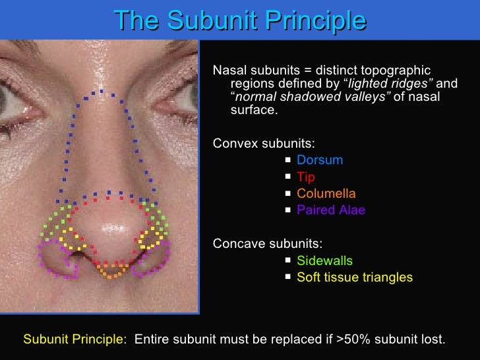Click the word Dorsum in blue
coord(320,160)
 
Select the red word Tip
coord(306,177)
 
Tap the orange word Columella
coord(326,194)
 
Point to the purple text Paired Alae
coord(331,210)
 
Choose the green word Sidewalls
coord(324,261)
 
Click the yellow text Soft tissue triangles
coord(355,278)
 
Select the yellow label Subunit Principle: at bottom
coord(75,340)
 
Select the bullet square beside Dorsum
coord(289,160)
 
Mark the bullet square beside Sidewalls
coord(289,261)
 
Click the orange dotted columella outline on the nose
coord(108,269)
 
